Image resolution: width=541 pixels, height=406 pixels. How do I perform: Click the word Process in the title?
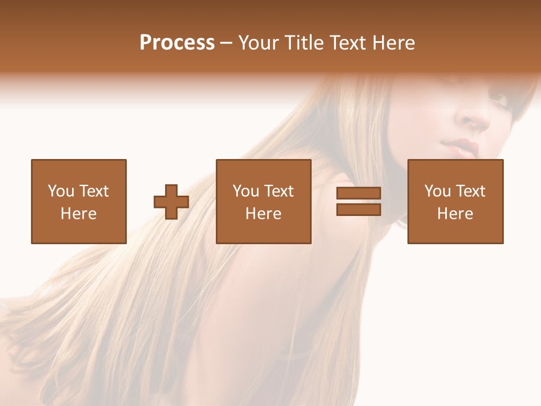[177, 43]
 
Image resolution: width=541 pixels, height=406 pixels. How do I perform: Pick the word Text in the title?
[348, 43]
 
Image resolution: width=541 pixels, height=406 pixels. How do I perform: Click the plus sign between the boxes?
[171, 202]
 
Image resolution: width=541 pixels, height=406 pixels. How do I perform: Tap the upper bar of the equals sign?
[358, 193]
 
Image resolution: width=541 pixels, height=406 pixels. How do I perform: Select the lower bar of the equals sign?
[358, 210]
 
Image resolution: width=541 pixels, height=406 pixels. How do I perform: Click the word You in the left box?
[60, 191]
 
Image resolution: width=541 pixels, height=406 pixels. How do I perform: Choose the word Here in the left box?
[78, 214]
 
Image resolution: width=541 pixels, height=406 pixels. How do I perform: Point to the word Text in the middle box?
[278, 191]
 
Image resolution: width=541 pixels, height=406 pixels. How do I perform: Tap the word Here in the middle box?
[263, 214]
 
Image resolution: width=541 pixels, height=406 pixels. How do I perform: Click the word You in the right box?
[437, 191]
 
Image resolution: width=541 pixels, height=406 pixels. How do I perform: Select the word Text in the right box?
[470, 191]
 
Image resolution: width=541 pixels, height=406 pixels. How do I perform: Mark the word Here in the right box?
[455, 214]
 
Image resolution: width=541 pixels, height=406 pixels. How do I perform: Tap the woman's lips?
[463, 148]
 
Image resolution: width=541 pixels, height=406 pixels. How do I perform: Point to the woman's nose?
[473, 118]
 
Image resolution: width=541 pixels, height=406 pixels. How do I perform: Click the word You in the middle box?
[246, 191]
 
